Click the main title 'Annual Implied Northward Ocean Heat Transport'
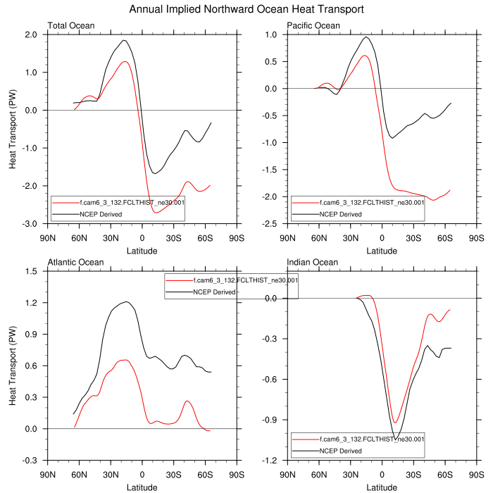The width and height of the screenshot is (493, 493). (246, 10)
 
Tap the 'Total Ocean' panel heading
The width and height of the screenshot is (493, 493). (70, 26)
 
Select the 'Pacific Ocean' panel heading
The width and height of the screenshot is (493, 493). (313, 26)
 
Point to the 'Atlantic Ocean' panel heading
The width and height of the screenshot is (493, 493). (75, 263)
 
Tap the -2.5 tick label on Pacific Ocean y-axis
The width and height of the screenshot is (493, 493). (270, 224)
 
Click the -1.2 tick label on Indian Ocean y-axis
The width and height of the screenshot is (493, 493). (270, 461)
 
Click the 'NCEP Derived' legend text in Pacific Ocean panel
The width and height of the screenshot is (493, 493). (341, 214)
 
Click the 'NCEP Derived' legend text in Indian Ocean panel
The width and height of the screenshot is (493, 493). (341, 451)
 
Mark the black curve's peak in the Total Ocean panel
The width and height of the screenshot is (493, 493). (124, 40)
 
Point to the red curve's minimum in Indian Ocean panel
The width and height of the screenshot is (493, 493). (395, 423)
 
